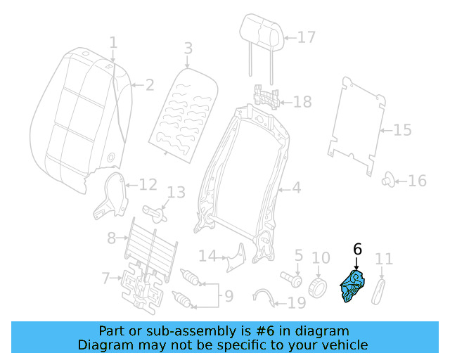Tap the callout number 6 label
(x=356, y=249)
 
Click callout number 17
(x=307, y=37)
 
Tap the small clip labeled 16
(x=387, y=181)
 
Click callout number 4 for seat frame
(x=296, y=188)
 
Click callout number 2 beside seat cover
(x=149, y=86)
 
